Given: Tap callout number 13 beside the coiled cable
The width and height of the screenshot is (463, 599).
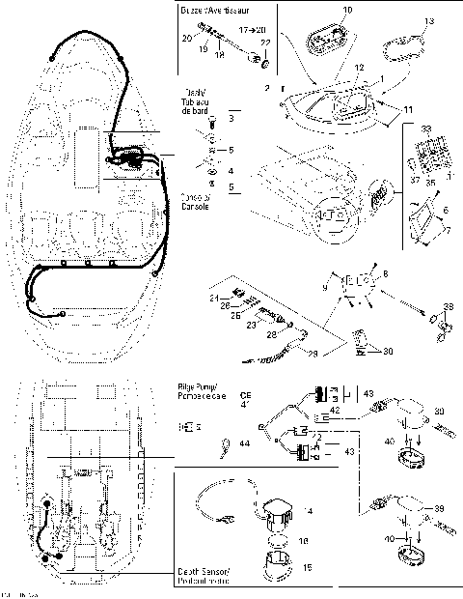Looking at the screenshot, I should point(428,20).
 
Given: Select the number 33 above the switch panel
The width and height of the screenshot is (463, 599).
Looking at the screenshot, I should point(426,128).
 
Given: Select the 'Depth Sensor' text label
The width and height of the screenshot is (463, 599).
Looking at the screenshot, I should point(204,573).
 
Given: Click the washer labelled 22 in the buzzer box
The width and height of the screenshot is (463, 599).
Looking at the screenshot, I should point(261,60).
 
